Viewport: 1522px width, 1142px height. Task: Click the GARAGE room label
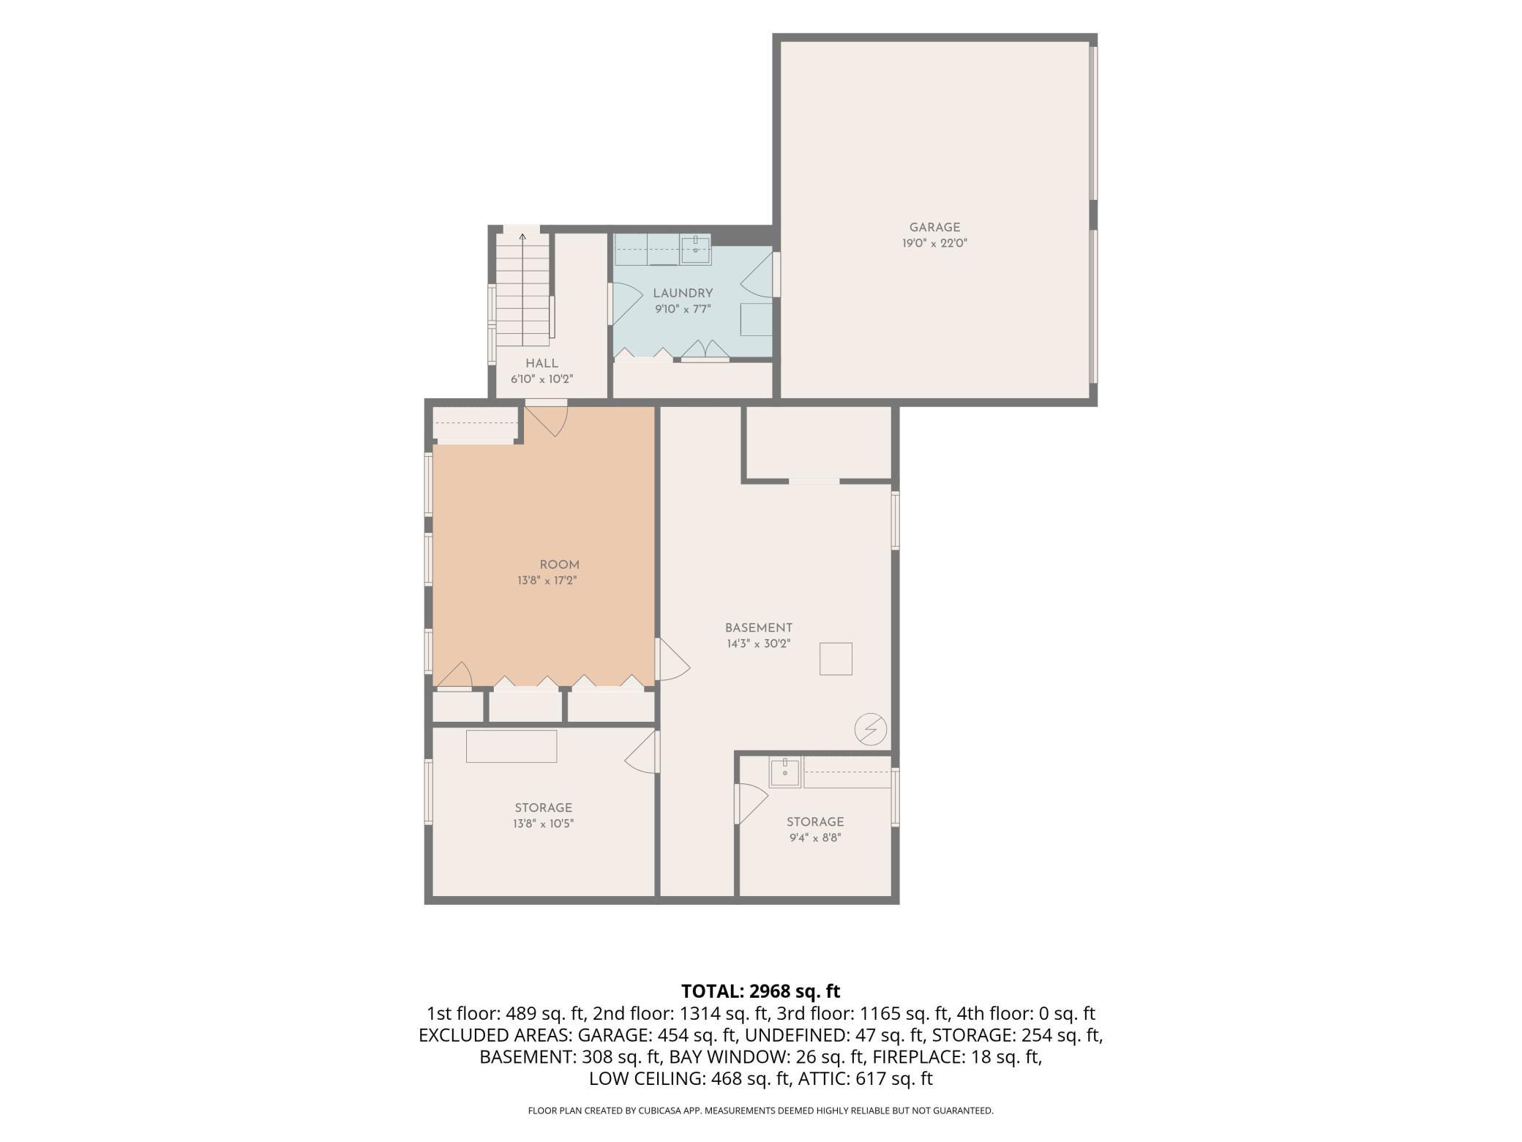(934, 228)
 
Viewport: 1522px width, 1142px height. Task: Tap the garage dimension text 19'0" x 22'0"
(934, 244)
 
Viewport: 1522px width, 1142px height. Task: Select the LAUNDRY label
(683, 294)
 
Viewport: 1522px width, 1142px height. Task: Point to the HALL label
(541, 363)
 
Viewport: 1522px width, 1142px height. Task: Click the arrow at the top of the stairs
(522, 238)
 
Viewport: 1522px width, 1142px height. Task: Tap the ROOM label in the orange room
(559, 565)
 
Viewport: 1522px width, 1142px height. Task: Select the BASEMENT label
(759, 628)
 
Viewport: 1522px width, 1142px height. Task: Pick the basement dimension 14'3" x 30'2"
(759, 644)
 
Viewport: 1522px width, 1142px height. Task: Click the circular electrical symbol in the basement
(871, 729)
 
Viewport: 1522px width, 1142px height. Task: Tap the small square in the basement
(836, 658)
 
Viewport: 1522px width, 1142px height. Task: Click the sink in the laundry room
(695, 249)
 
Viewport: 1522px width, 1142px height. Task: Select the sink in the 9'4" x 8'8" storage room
(785, 772)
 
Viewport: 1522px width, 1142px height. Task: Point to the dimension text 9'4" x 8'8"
(815, 838)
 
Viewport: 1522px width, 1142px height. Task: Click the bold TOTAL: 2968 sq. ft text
(761, 992)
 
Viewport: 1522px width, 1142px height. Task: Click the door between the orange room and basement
(674, 660)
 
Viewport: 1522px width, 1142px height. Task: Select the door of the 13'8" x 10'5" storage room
(642, 752)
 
